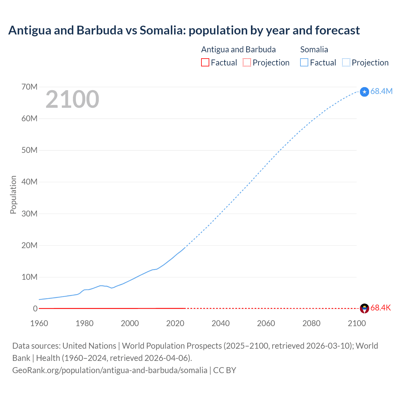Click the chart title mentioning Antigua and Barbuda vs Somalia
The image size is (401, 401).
(x=184, y=30)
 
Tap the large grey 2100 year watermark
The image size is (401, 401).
(x=72, y=99)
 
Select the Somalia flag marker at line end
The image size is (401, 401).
(x=364, y=92)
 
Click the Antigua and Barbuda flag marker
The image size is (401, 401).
(x=364, y=308)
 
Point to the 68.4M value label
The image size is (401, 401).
(x=381, y=91)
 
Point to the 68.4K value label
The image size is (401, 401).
(x=381, y=308)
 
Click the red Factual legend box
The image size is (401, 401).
(x=205, y=62)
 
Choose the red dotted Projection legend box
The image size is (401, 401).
(x=247, y=62)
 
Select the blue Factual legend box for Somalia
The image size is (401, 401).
(x=304, y=62)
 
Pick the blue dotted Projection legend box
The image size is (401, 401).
(x=346, y=62)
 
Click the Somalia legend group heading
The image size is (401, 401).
(x=314, y=49)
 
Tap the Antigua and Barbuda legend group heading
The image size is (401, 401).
(x=238, y=49)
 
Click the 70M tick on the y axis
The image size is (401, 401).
(x=29, y=87)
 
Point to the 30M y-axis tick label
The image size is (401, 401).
(x=29, y=214)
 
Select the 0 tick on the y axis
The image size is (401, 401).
(x=35, y=309)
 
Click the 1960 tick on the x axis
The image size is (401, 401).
(x=39, y=323)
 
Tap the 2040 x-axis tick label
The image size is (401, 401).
(x=221, y=323)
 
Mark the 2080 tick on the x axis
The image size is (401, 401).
(x=311, y=323)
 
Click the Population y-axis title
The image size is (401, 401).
(x=13, y=195)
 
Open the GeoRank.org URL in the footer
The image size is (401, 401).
(x=110, y=370)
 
